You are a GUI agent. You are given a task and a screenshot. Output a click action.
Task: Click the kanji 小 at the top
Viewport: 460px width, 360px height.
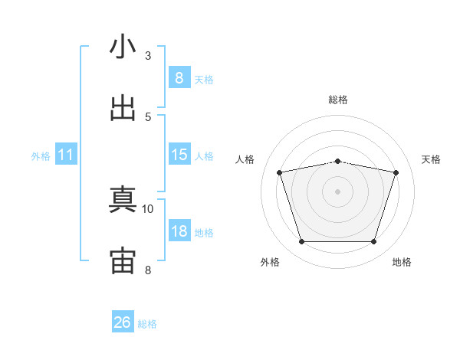pos(123,47)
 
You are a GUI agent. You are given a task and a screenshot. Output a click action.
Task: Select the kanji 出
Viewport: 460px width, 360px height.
pos(123,108)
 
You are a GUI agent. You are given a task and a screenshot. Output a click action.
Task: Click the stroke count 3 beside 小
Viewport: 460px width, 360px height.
pos(148,56)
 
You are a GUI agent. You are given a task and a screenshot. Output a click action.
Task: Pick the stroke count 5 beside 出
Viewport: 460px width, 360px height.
pos(148,116)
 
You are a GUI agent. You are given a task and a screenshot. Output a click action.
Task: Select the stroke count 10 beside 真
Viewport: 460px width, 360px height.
pos(148,208)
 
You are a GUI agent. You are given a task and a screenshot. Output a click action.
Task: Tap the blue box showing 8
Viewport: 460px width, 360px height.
pos(179,78)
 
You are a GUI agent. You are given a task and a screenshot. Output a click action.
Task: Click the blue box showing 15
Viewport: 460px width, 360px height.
pos(179,155)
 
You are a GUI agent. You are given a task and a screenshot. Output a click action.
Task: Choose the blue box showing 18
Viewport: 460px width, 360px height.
pos(179,231)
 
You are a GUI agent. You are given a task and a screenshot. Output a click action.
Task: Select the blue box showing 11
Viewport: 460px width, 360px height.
pos(66,155)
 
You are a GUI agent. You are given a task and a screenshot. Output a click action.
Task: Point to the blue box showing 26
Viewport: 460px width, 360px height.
pos(123,322)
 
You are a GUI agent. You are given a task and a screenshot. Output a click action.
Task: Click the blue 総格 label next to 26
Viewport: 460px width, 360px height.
pos(148,324)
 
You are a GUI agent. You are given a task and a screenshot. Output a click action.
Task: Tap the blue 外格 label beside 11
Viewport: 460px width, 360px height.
pos(41,156)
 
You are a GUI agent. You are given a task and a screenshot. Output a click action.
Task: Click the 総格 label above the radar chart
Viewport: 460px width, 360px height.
pos(338,100)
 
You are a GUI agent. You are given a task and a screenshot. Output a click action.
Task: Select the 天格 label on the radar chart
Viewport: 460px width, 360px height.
pos(432,159)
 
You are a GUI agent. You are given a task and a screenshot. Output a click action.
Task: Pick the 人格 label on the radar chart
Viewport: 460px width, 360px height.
pos(245,159)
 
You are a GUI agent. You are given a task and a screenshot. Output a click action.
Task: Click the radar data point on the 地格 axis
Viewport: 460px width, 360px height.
pos(373,242)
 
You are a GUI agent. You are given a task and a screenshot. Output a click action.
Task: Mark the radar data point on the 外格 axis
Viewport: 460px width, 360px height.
pos(301,242)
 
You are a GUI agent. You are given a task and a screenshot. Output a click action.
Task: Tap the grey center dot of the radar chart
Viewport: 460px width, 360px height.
pos(337,191)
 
